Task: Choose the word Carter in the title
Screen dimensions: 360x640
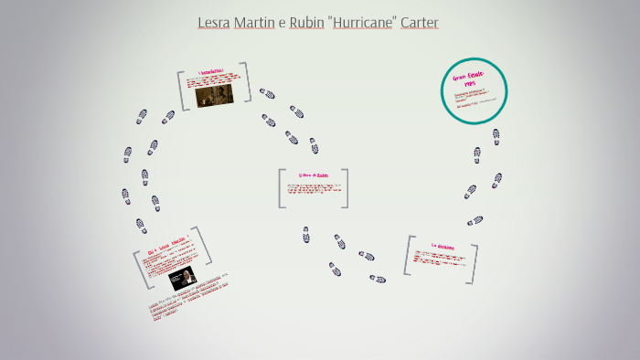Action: (419, 22)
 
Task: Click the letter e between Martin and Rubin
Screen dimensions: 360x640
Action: (282, 23)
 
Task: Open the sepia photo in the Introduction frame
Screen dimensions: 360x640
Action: (214, 94)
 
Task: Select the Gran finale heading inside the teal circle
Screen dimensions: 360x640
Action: (472, 79)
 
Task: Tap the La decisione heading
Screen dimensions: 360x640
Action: (443, 246)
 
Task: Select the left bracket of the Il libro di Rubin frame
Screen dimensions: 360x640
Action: (282, 188)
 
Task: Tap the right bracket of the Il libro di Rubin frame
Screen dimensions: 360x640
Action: (346, 187)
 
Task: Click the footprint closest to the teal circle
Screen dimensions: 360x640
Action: (496, 136)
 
